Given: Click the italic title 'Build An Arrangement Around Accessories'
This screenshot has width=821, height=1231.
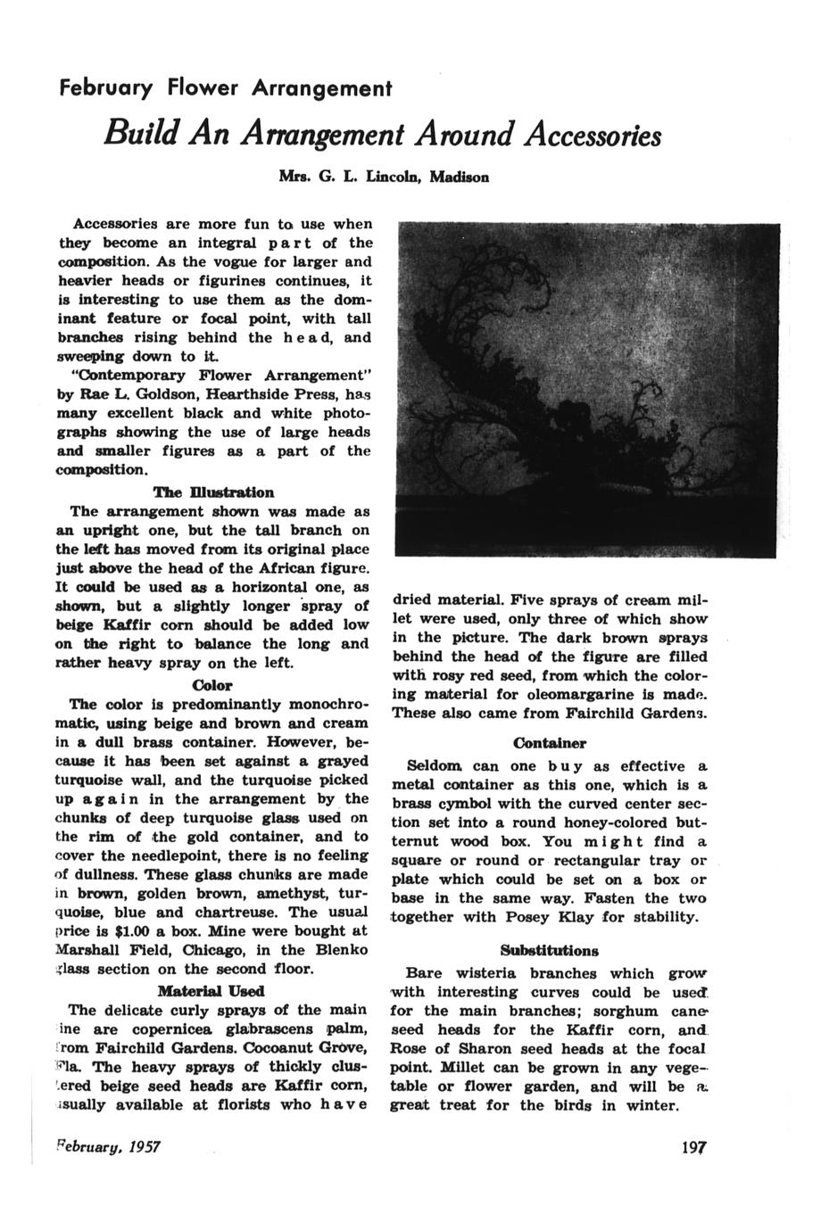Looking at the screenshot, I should pyautogui.click(x=382, y=135).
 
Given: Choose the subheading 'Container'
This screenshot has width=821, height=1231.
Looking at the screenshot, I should pyautogui.click(x=549, y=743).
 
